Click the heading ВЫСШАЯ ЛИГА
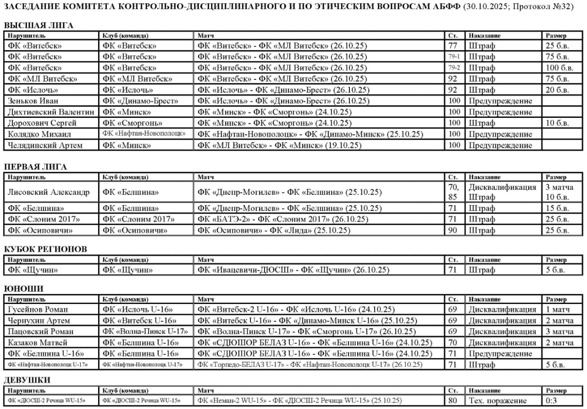click(x=39, y=26)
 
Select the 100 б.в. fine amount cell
click(x=559, y=68)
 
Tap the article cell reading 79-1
click(x=454, y=57)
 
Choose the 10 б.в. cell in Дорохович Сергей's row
click(x=557, y=123)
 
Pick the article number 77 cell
click(x=453, y=46)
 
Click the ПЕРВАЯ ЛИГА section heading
click(x=35, y=167)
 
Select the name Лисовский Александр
click(x=49, y=192)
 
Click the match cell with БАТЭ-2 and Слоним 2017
click(x=283, y=219)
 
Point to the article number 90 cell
click(x=453, y=230)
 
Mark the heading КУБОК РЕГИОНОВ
click(x=45, y=249)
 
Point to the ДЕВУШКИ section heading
click(x=27, y=380)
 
